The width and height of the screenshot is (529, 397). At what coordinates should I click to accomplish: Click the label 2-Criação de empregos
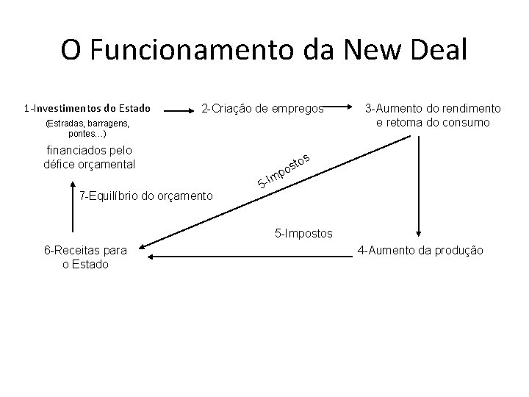[x=262, y=109]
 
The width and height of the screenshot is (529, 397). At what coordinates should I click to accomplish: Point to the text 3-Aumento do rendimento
[x=433, y=108]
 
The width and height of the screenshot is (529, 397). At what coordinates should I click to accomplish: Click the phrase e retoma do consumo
[x=433, y=122]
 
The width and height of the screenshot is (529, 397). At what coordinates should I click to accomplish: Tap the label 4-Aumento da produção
[x=420, y=251]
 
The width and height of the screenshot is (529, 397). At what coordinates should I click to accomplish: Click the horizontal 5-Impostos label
[x=303, y=233]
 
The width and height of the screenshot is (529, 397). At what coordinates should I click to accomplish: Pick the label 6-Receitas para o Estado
[x=85, y=257]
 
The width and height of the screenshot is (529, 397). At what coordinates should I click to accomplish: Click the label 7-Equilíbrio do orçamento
[x=145, y=196]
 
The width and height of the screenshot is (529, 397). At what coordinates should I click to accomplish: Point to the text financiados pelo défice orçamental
[x=90, y=157]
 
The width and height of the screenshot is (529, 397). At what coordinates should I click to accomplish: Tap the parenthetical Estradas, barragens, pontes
[x=87, y=129]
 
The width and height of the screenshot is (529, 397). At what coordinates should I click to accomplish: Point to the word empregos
[x=297, y=109]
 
